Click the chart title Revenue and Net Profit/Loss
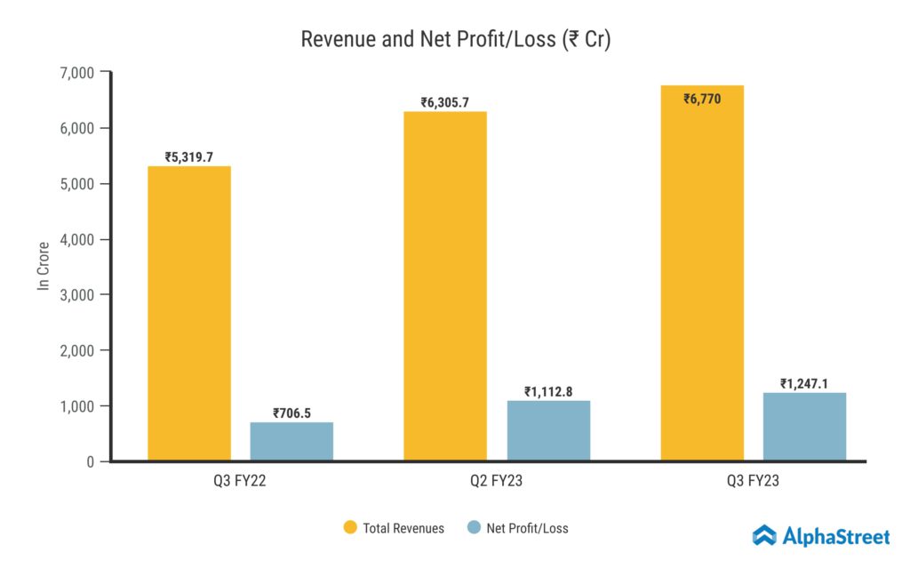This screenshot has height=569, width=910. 455,40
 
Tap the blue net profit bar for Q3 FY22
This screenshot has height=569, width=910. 291,441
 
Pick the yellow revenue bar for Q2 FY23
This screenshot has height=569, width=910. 445,285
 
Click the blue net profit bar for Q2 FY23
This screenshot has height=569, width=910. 548,430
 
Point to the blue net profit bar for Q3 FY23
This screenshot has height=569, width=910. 804,427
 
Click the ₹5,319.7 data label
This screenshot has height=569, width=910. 189,157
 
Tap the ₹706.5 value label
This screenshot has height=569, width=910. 291,413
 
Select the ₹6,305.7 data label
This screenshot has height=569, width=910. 445,102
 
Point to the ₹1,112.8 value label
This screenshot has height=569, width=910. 548,391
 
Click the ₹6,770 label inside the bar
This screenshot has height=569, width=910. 702,99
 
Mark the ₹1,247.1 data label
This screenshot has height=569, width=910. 804,383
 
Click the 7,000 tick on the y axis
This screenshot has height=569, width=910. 76,72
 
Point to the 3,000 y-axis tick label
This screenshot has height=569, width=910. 76,295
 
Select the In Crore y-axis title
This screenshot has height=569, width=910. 42,267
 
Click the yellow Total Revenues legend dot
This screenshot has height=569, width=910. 349,528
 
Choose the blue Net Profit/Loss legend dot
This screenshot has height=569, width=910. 473,528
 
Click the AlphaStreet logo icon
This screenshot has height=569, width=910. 764,535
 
